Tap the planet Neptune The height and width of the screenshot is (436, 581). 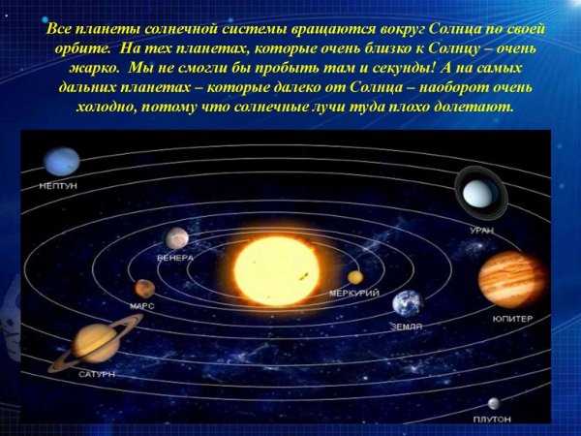(61, 161)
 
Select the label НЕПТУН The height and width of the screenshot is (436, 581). (59, 184)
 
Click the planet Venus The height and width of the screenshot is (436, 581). (176, 237)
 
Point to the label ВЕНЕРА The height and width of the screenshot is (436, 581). (175, 258)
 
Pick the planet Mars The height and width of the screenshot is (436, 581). (144, 288)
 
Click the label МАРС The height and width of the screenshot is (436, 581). (142, 306)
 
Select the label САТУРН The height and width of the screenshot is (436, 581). (97, 373)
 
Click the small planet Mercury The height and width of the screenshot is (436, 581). (355, 277)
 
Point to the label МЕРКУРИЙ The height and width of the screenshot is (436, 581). (354, 292)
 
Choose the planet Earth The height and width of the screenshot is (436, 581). (408, 304)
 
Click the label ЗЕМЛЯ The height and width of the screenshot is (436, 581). (407, 327)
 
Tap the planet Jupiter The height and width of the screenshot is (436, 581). (511, 279)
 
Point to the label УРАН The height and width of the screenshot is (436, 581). (481, 231)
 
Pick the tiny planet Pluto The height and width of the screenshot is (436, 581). (494, 403)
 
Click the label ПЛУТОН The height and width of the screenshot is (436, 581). (492, 420)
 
